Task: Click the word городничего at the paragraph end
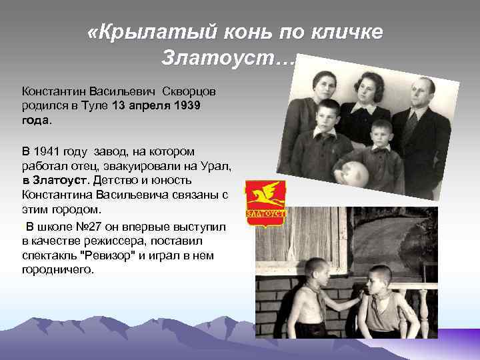(x=58, y=270)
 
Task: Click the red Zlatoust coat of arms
(x=265, y=202)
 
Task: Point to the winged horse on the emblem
(x=265, y=196)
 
